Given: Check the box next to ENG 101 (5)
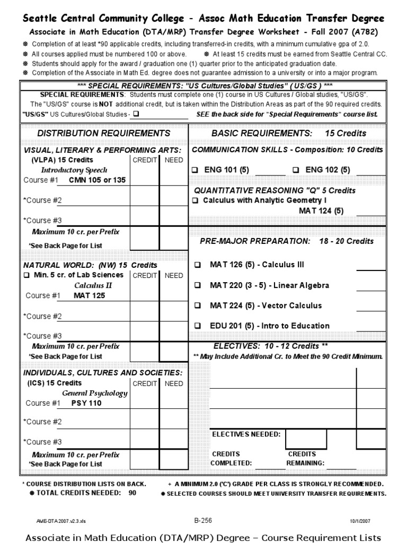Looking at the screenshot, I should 194,170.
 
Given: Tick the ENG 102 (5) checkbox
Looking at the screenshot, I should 296,170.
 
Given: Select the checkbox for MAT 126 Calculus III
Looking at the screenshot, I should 198,265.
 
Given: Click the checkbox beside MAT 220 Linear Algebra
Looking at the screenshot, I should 198,285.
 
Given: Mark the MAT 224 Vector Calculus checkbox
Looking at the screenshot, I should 198,305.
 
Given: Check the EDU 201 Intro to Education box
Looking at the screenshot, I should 198,326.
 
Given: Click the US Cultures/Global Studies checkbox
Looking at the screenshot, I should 136,114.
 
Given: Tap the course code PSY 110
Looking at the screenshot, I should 86,403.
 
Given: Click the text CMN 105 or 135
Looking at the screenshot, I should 98,180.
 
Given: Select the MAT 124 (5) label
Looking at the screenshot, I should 321,211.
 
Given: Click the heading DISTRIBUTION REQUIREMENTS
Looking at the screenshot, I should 104,133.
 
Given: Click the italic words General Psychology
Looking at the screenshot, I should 95,393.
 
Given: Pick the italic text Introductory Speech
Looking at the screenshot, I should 74,170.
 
